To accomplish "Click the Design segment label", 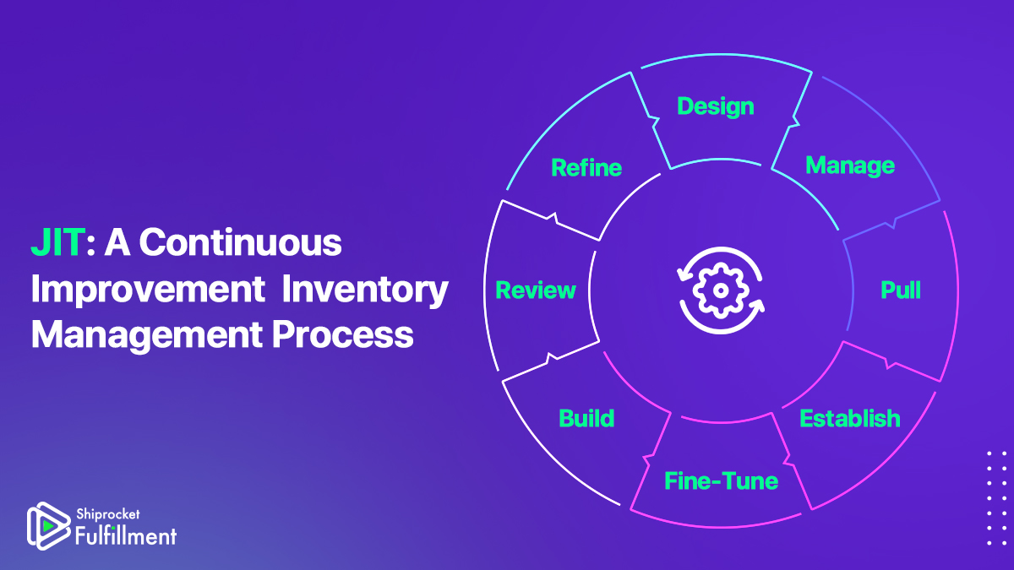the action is click(715, 107).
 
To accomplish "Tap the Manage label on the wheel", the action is click(850, 166).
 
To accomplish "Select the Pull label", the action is click(901, 290).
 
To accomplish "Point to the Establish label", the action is click(850, 418).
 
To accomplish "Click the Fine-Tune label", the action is click(721, 480).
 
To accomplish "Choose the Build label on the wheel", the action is click(586, 418).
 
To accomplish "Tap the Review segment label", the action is click(536, 290).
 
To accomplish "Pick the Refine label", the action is click(586, 167).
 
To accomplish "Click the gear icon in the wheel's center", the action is click(720, 290).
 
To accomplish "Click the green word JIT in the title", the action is click(58, 242).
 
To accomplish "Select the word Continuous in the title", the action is click(240, 242).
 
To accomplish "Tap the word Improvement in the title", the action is click(148, 290).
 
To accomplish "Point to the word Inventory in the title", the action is click(365, 290).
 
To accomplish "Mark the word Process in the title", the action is click(343, 334).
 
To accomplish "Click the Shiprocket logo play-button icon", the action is click(47, 525).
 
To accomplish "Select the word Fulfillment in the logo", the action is click(126, 536).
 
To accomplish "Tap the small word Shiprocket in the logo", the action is click(108, 514).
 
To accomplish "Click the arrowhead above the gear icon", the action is click(683, 274).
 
